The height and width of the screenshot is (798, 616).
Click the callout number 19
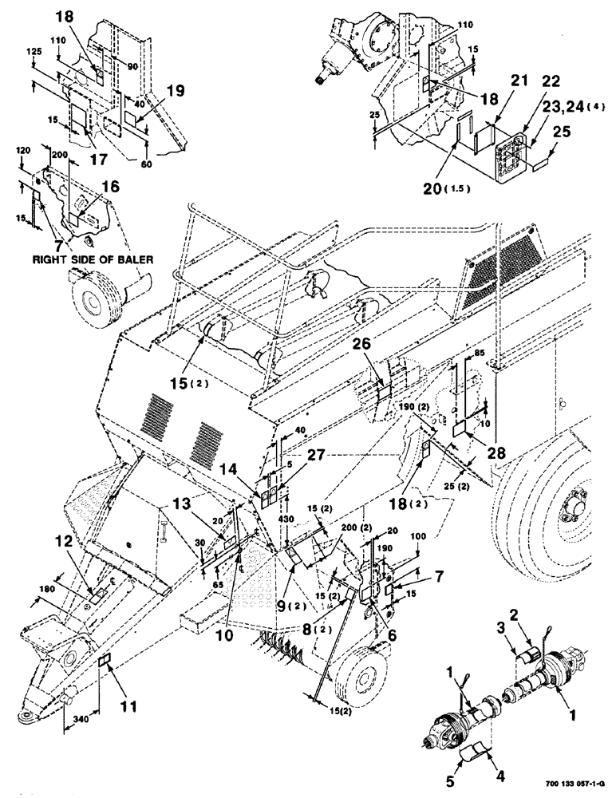(175, 91)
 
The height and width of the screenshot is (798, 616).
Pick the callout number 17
(98, 160)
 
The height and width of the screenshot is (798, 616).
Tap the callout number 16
(111, 186)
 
